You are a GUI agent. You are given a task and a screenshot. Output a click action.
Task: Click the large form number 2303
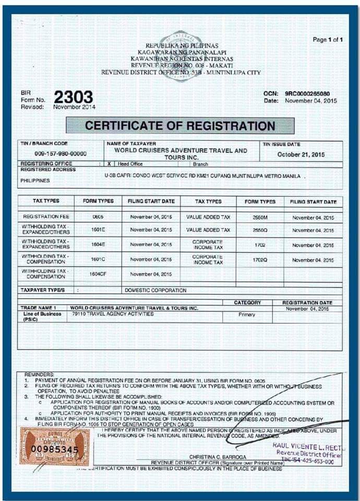[73, 97]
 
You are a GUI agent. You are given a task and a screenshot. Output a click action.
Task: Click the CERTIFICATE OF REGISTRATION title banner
[180, 126]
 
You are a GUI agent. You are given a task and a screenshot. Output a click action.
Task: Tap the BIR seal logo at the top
[181, 55]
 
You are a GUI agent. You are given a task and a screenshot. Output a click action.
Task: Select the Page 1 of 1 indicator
[328, 40]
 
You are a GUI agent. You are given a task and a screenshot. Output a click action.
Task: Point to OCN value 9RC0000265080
[307, 93]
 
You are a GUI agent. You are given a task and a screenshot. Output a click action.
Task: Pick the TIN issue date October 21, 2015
[301, 154]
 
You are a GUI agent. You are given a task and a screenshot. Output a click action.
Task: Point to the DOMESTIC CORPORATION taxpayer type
[155, 290]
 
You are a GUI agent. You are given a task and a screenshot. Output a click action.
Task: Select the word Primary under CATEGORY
[247, 315]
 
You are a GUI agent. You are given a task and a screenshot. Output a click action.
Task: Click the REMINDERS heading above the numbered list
[39, 375]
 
